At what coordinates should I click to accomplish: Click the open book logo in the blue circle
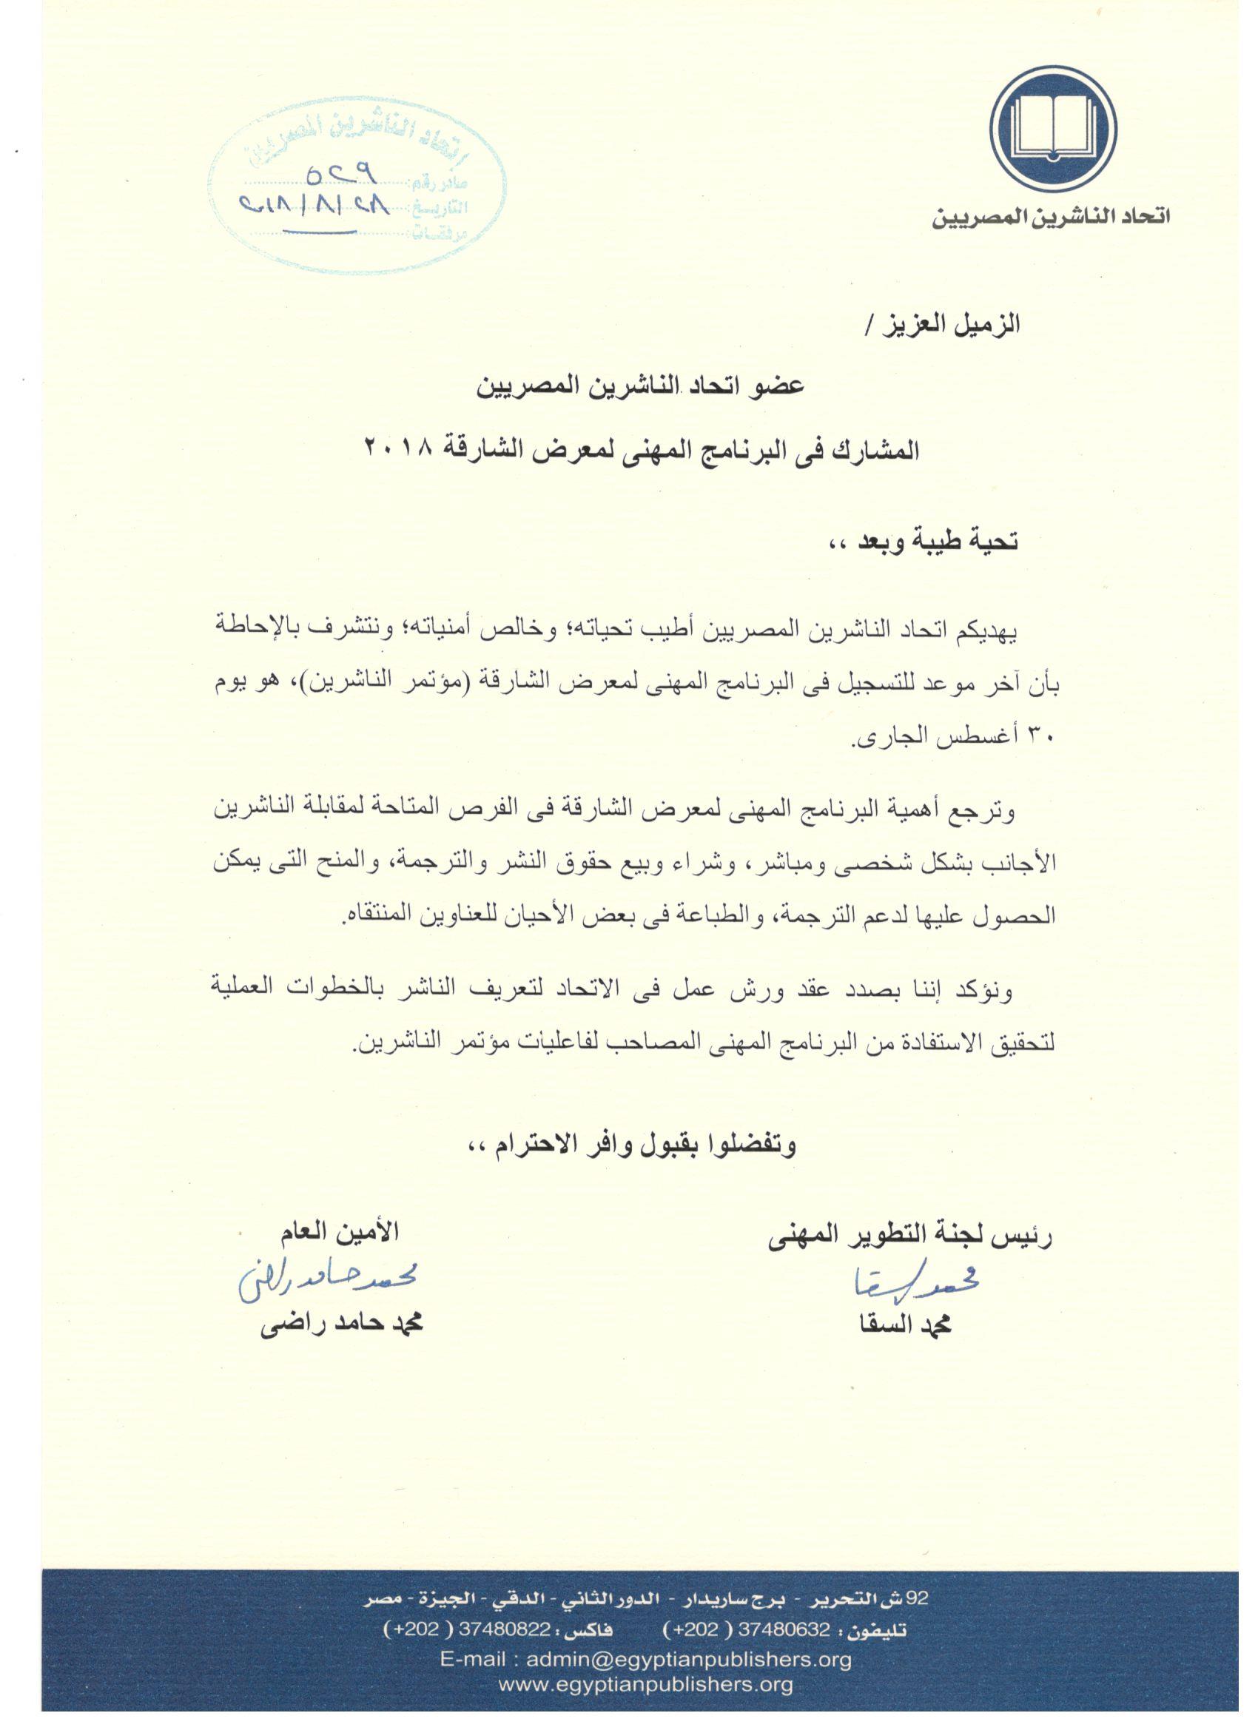[1053, 127]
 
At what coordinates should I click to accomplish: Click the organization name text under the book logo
[1051, 218]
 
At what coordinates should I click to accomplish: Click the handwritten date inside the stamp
[314, 205]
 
